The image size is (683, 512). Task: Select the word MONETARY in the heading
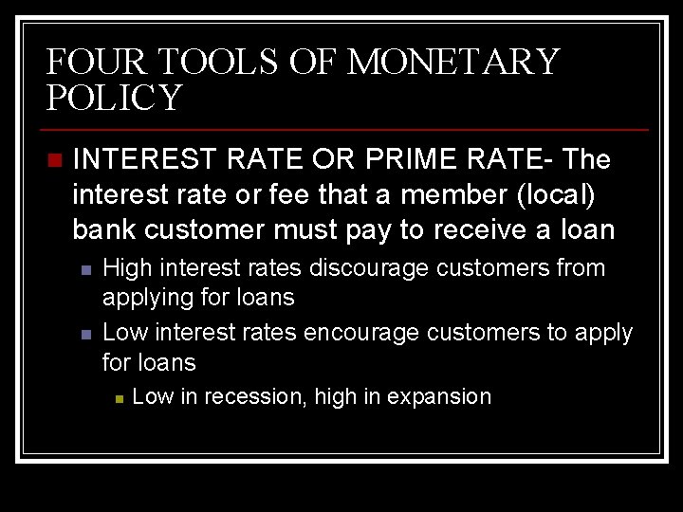coord(453,63)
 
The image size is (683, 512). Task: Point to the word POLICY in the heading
coord(113,98)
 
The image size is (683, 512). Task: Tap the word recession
coord(253,397)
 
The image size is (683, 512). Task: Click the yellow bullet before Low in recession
coord(118,398)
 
